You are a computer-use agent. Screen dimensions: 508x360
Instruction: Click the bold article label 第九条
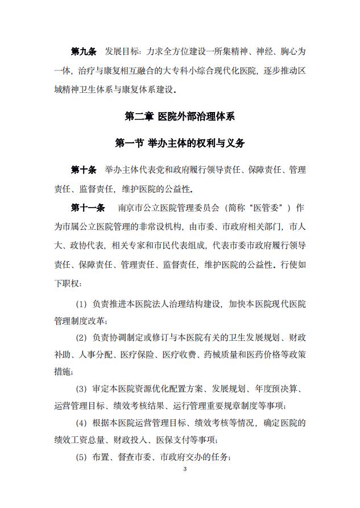tap(83, 52)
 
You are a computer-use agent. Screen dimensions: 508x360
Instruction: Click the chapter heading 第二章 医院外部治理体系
tap(180, 116)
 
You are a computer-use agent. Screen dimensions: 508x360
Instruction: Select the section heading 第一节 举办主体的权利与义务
tap(180, 143)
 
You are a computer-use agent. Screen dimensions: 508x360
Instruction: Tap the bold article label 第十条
tap(83, 170)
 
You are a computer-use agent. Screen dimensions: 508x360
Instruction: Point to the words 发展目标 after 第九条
tap(122, 52)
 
